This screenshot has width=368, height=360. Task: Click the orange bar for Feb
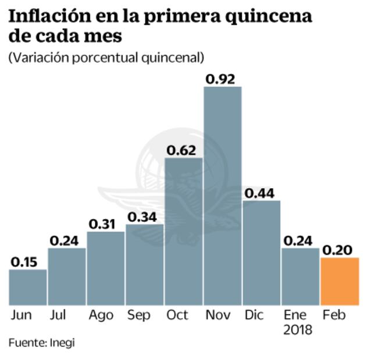tap(340, 281)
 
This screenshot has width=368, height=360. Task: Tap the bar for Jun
tap(28, 287)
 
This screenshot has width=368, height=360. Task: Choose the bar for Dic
tap(262, 253)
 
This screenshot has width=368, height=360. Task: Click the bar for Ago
tap(106, 268)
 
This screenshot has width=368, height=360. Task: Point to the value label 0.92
tap(223, 78)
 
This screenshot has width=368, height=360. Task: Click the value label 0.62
tap(184, 150)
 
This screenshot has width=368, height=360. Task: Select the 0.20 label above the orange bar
tap(340, 250)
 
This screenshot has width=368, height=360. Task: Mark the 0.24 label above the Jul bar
tap(67, 240)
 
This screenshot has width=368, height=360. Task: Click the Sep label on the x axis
tap(138, 315)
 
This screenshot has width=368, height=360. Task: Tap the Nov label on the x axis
tap(219, 315)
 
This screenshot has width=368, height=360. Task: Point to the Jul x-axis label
tap(58, 315)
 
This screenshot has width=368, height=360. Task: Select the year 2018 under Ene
tap(298, 330)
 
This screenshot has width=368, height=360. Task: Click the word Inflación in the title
tap(47, 16)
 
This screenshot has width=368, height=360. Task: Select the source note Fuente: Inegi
tap(41, 343)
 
